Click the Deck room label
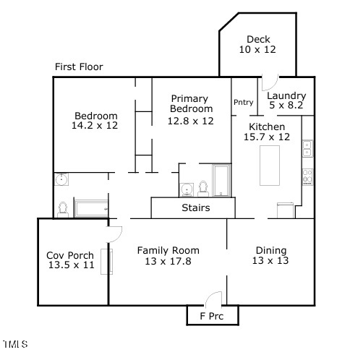coord(258,39)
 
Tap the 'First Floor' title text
coord(79,67)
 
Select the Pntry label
coord(244,102)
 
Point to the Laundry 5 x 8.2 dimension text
coord(286,105)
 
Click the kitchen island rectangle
coord(270,166)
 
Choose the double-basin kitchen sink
coord(307,148)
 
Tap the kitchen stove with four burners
coord(307,177)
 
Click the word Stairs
coord(196,207)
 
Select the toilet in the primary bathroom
coord(203,189)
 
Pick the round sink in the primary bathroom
coord(187,189)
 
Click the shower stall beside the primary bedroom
coord(221,181)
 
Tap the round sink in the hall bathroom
coord(61,179)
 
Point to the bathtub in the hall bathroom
coord(91,208)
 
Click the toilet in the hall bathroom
coord(63,210)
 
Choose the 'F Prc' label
coord(212,316)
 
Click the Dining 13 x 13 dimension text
coord(270,260)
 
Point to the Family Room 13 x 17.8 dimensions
coord(168,261)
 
